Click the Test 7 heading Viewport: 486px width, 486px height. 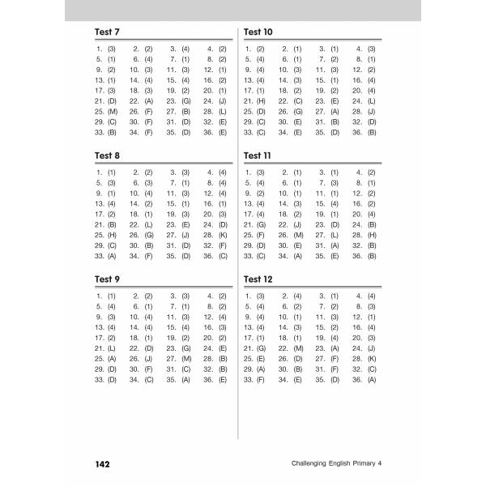coord(107,32)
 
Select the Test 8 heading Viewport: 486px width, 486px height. coord(107,156)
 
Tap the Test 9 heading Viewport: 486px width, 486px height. coord(107,279)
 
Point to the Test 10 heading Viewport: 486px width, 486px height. coord(258,32)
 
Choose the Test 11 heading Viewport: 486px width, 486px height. coord(258,156)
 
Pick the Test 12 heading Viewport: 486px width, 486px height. coord(258,279)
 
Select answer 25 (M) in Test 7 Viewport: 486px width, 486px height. coord(106,110)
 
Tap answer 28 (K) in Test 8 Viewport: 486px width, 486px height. coord(218,234)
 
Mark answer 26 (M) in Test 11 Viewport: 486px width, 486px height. coord(292,234)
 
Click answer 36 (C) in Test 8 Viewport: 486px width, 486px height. coord(218,256)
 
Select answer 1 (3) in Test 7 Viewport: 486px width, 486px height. coord(106,49)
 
